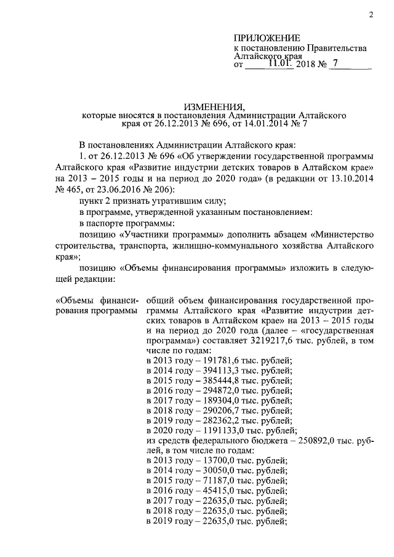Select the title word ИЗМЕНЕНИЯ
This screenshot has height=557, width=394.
pyautogui.click(x=214, y=106)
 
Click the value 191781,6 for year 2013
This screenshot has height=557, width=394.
pyautogui.click(x=217, y=360)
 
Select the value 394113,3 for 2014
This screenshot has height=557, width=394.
pyautogui.click(x=217, y=371)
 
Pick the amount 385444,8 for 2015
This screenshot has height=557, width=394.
pyautogui.click(x=217, y=380)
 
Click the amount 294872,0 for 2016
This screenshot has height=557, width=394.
pyautogui.click(x=217, y=390)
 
